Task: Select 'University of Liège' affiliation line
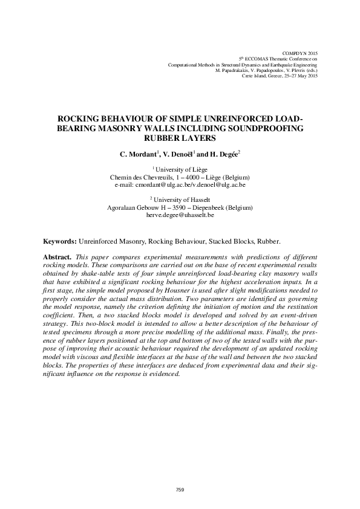pyautogui.click(x=180, y=170)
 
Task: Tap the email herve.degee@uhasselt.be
pyautogui.click(x=180, y=215)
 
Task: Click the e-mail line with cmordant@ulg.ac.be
pyautogui.click(x=180, y=185)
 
